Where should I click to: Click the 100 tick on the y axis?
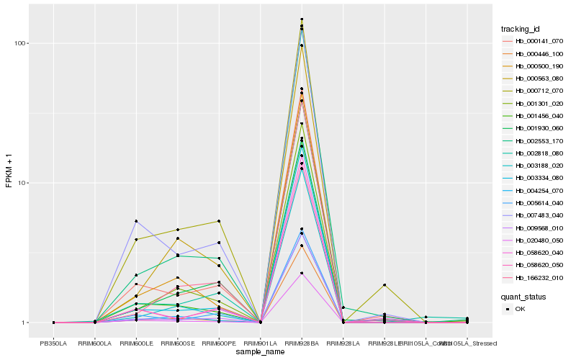click(20, 43)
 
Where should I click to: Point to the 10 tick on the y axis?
click(22, 183)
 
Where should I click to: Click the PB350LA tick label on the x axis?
click(54, 343)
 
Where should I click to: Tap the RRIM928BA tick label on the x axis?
click(302, 343)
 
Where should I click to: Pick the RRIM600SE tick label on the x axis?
click(178, 343)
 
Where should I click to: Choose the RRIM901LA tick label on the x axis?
click(261, 343)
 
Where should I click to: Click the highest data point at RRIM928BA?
click(302, 19)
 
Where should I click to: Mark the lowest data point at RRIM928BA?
click(302, 273)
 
